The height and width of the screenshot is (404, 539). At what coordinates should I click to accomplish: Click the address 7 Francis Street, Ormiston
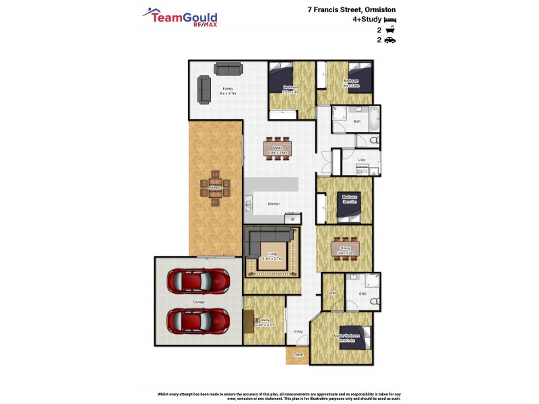(351, 10)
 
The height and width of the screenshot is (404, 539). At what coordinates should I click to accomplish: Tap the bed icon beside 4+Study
(390, 21)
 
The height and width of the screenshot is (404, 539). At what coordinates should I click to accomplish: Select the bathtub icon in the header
(390, 30)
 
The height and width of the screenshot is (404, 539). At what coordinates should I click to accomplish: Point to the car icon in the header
(390, 40)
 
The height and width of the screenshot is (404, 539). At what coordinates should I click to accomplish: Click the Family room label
(227, 88)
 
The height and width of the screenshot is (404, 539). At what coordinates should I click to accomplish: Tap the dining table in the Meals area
(277, 147)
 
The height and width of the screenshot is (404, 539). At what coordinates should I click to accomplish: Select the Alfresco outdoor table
(215, 188)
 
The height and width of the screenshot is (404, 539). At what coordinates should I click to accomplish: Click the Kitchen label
(274, 203)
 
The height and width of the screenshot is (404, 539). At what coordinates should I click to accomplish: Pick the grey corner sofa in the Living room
(268, 236)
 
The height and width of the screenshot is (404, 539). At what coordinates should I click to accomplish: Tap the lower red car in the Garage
(198, 321)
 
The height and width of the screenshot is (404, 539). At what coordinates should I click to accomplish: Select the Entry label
(298, 331)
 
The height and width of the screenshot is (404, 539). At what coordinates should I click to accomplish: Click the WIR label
(332, 294)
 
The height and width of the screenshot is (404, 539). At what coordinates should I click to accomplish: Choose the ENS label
(362, 294)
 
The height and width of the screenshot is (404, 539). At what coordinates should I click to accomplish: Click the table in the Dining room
(344, 248)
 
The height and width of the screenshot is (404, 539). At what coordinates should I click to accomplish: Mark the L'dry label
(362, 160)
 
